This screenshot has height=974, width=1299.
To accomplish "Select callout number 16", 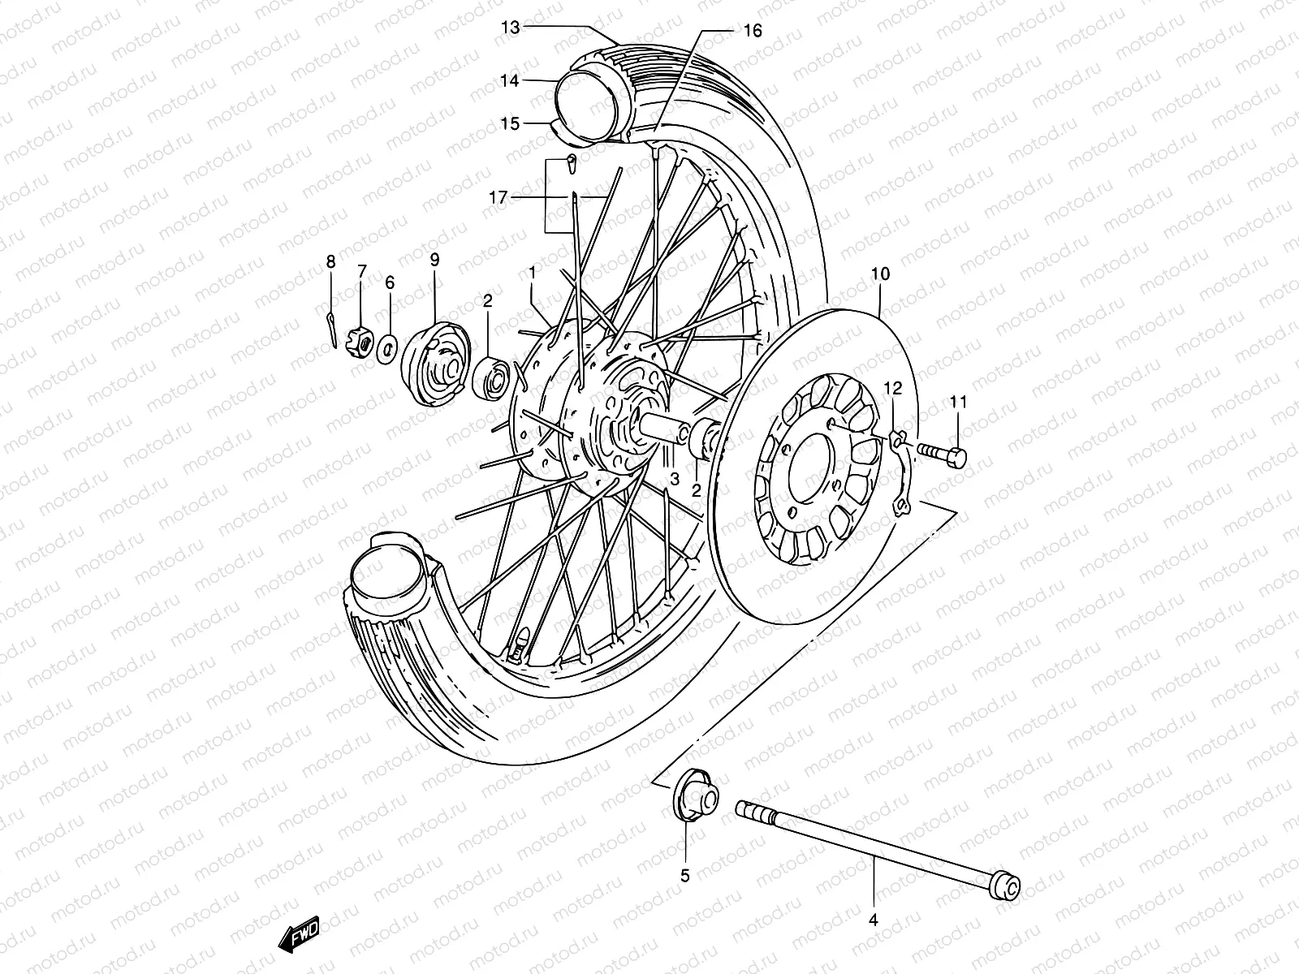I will point(753,31).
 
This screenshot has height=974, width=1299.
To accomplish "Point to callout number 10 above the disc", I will point(881,274).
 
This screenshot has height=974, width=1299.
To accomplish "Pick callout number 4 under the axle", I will point(874,920).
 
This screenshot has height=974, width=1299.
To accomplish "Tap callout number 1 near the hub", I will point(533,274).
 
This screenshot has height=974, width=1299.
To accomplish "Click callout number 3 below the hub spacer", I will point(674,480).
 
